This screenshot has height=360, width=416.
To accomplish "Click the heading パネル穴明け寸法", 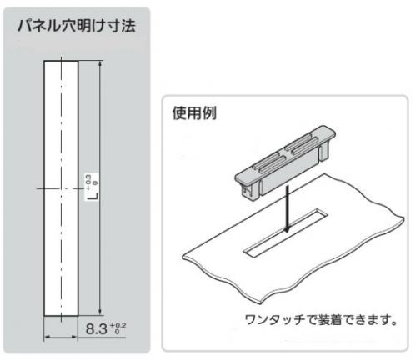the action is coord(77,27).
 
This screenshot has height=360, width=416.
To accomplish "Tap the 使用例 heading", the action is coord(194,112).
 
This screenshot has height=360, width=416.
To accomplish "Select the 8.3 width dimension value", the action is coord(97,329).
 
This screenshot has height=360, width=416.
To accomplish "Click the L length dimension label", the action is coord(94,194).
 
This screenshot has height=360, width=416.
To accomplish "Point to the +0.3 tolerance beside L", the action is coord(88,182).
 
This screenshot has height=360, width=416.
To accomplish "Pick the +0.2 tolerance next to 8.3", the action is coord(118,325).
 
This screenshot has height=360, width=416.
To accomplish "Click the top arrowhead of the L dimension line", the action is coord(100,63).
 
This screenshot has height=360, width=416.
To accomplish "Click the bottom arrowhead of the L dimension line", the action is coord(100,312).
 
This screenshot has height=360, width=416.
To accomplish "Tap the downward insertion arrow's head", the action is coord(288,228).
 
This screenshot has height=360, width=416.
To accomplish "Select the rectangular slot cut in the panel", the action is coord(285,233).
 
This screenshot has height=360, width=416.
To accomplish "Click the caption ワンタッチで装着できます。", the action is coord(321,320).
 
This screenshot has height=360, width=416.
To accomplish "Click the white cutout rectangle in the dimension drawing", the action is coord(61,188).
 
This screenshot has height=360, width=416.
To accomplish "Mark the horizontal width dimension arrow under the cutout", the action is coord(61,337).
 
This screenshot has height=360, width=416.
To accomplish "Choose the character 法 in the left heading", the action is coord(128,27).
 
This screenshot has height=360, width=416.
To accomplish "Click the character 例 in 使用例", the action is coord(209,112).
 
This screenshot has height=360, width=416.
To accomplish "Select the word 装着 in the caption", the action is coord(330,320).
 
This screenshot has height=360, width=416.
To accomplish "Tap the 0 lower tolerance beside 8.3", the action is coord(117,332).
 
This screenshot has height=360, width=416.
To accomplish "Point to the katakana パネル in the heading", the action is coord(39,27).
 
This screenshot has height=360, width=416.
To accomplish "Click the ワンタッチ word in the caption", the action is coord(274,320).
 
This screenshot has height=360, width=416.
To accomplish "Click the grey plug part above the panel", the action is coord(285,162).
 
